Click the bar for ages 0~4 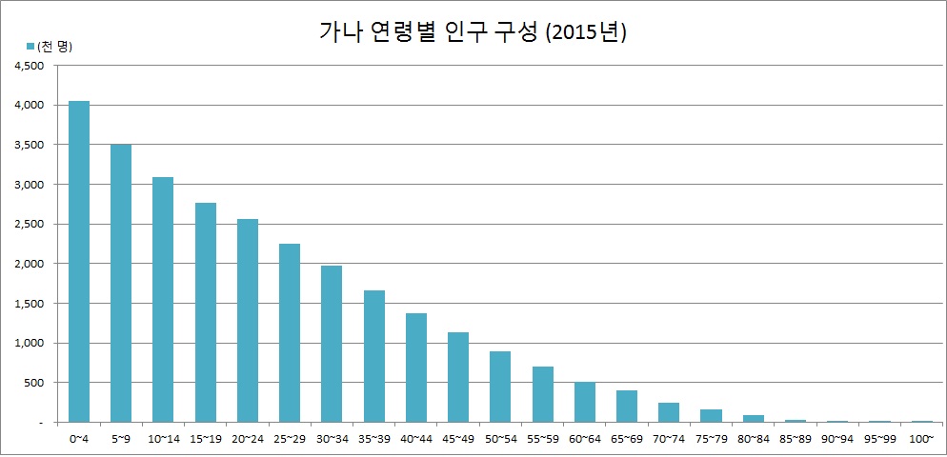point(78,261)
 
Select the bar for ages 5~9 point(121,283)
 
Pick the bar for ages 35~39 point(373,356)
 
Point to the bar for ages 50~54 point(500,387)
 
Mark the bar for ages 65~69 point(626,406)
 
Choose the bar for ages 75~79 point(711,415)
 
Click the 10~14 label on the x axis point(163,439)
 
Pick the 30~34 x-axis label point(332,439)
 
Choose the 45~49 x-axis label point(458,439)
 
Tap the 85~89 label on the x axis point(795,439)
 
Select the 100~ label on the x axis point(921,439)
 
